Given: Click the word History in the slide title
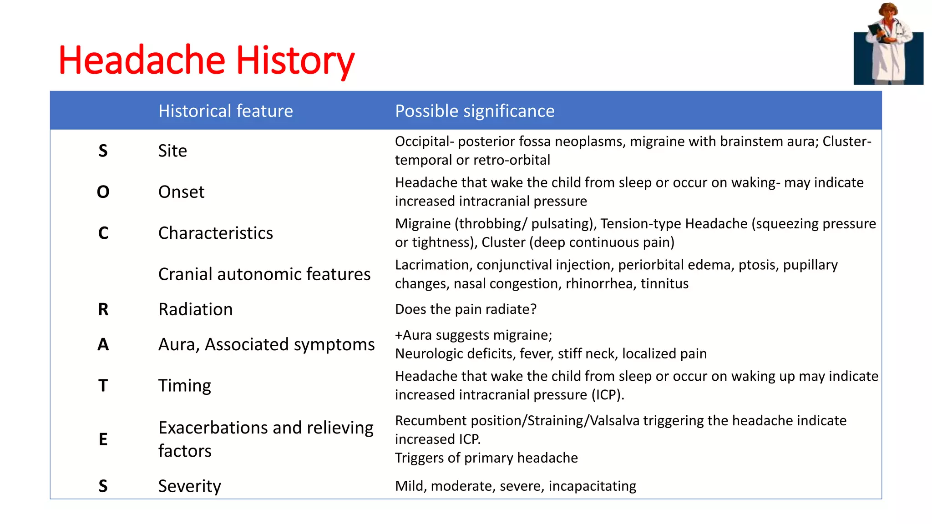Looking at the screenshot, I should click(294, 60).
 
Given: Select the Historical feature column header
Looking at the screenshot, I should click(225, 111).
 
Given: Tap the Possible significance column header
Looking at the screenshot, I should click(475, 111).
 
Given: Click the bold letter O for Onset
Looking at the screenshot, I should click(103, 192).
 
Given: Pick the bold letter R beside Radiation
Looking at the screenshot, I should click(103, 309).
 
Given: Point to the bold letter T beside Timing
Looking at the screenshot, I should click(103, 386).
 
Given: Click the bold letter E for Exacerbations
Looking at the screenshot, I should click(103, 439).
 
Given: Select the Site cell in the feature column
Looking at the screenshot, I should click(172, 151).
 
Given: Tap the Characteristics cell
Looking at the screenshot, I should click(215, 233).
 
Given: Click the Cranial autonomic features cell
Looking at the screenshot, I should click(264, 274).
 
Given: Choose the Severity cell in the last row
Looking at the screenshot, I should click(189, 486).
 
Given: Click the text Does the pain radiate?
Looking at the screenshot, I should click(466, 309).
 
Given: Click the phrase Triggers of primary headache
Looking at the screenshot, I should click(486, 458).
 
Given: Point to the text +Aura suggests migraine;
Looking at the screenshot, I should click(473, 335).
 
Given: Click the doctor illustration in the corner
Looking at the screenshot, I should click(888, 44).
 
